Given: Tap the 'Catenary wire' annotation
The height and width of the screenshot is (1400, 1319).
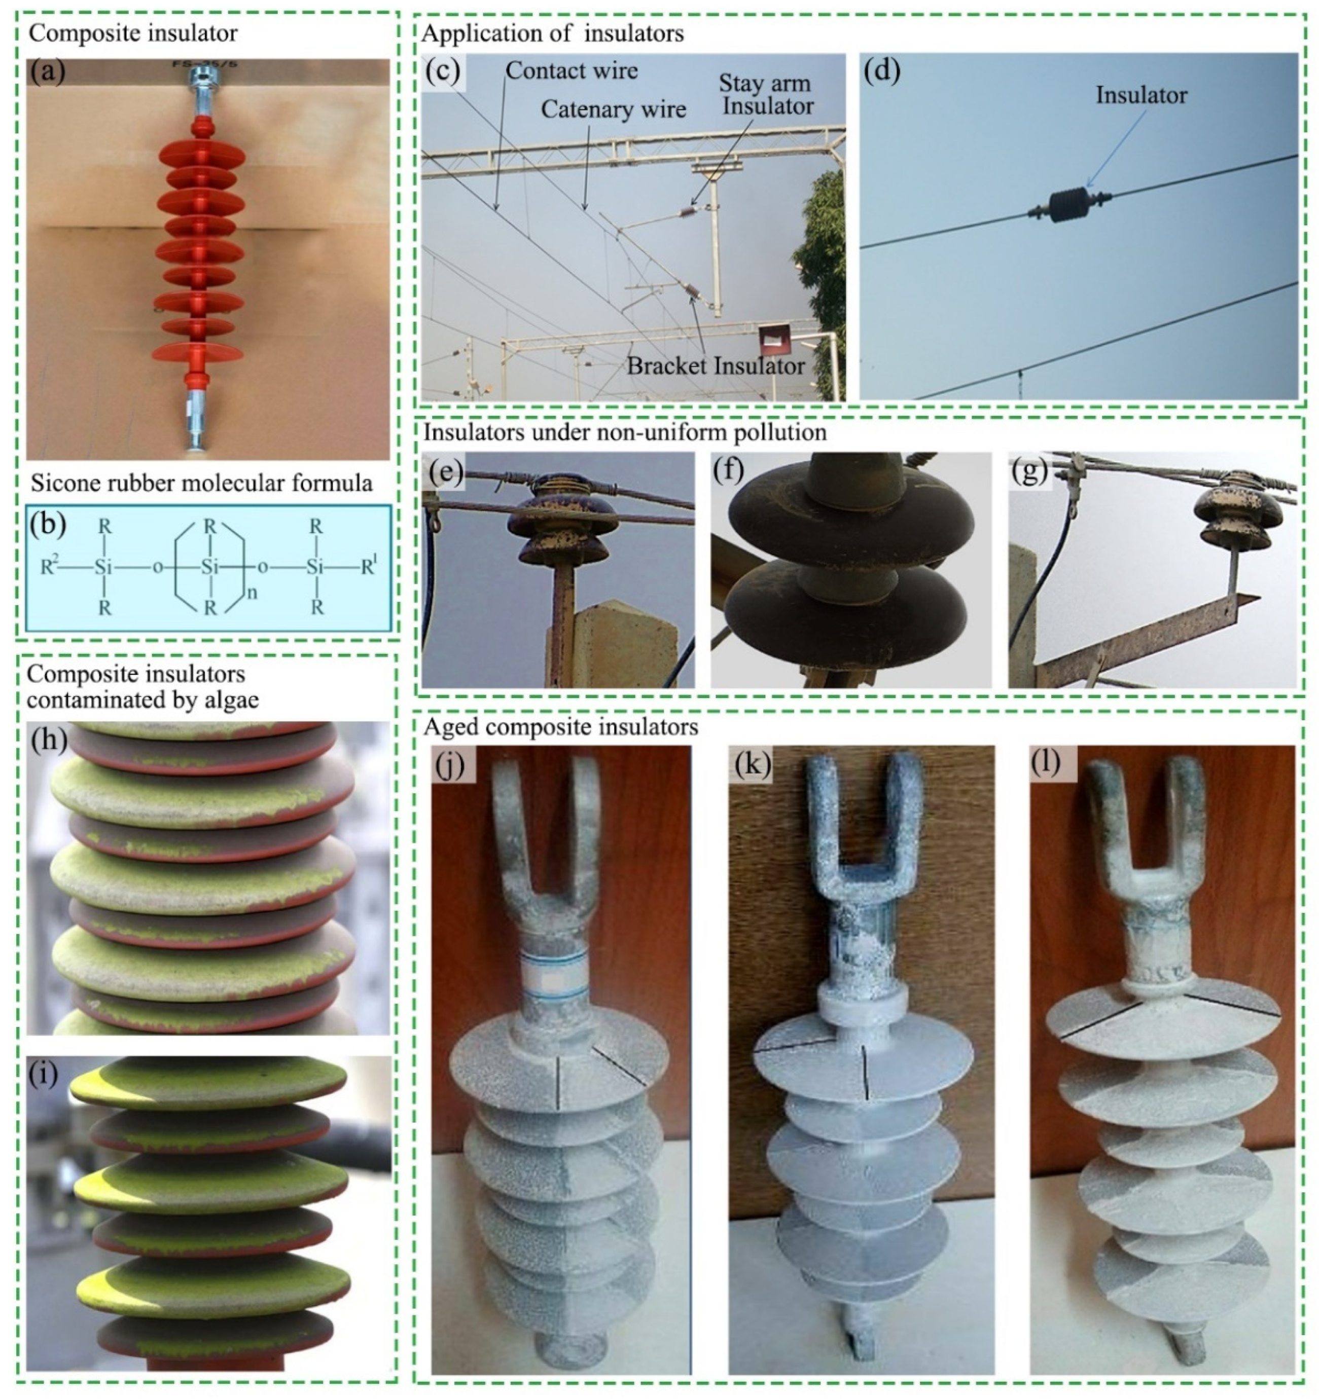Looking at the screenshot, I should (x=613, y=110).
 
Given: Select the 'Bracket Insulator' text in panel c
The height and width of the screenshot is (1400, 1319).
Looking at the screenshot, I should (x=715, y=365).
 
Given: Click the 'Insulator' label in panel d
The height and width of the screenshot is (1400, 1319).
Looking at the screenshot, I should (x=1140, y=95).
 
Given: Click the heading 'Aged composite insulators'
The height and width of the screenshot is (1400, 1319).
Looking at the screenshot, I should (x=560, y=727).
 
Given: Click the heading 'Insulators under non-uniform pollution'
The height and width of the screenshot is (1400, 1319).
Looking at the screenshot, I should (x=624, y=432).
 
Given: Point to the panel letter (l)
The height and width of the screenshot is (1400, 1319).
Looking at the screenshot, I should (x=1045, y=761).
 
